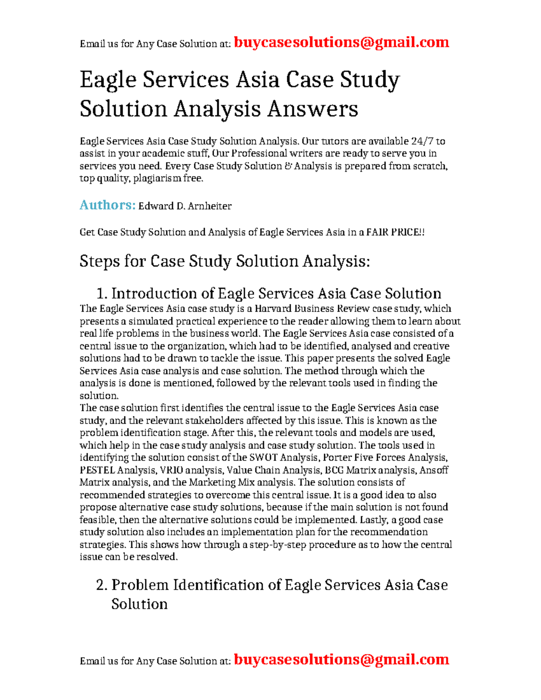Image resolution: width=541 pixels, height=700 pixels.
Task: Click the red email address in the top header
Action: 341,42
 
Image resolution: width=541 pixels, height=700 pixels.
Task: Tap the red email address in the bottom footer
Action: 341,659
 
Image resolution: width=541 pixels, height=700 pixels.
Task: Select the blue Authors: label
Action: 107,205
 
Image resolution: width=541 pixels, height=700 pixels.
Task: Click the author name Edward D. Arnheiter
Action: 185,206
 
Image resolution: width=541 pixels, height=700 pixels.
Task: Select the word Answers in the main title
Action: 312,109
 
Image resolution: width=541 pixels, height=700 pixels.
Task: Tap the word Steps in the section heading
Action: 99,261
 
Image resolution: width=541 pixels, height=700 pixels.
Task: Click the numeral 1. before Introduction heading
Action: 102,294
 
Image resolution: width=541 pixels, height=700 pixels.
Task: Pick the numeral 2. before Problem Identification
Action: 102,585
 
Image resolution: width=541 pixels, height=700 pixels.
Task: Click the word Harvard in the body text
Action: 273,309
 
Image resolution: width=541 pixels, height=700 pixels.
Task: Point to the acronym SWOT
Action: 263,458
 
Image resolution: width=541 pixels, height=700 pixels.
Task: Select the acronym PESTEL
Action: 97,471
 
